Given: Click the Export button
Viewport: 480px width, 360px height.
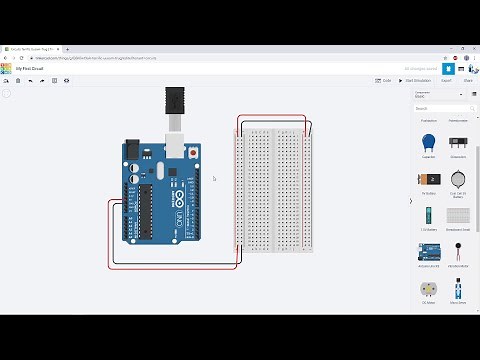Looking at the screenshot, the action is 446,80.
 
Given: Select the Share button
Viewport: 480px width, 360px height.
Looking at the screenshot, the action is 468,80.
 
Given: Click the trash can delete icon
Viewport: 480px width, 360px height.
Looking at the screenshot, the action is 18,80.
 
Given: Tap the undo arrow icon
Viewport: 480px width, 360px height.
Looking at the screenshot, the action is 31,80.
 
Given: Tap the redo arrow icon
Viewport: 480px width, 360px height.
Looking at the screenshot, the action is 43,80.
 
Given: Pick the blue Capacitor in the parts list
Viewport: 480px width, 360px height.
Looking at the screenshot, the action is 429,142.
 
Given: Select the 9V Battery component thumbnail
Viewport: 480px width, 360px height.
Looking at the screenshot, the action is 429,178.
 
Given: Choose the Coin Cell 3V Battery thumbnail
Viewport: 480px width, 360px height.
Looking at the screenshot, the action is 457,178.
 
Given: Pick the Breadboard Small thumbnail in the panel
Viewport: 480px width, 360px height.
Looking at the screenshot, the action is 457,214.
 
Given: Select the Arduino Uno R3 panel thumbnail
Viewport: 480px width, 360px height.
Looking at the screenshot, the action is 429,250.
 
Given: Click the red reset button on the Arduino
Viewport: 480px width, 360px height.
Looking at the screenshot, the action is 193,152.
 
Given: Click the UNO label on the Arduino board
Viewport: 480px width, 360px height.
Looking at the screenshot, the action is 180,219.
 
